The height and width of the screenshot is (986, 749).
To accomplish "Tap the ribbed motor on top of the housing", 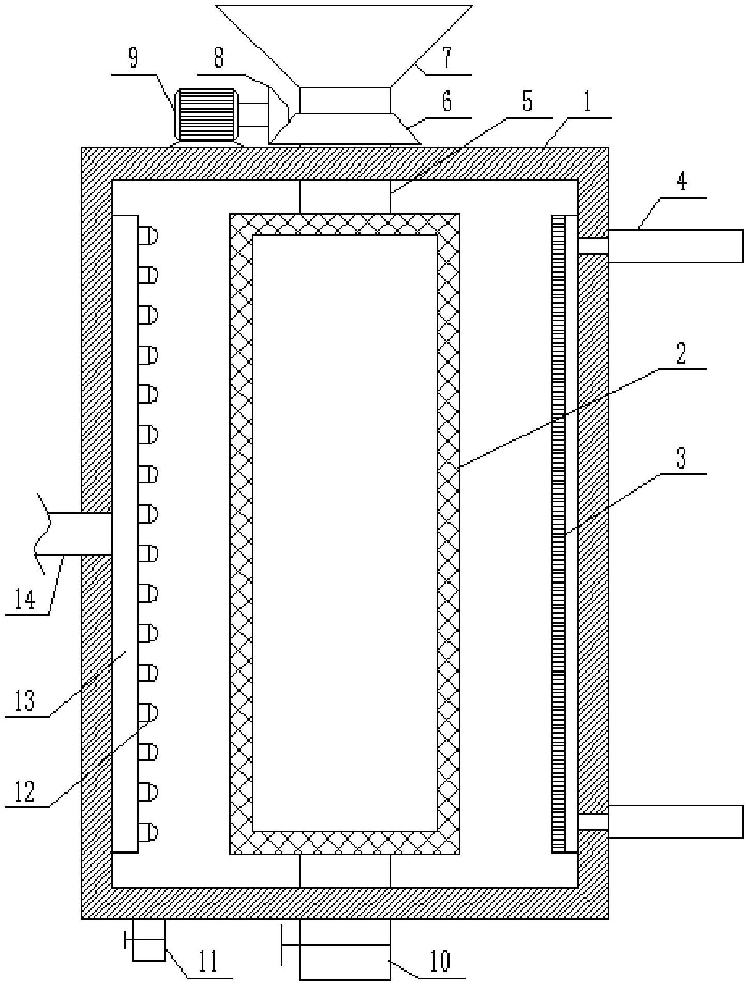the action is pos(206,115).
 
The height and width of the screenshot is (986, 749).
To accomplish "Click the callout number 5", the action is pos(527,101).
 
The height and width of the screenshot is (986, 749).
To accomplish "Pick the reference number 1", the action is pos(587,102).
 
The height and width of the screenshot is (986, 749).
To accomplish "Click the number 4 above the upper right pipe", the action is pos(682,182).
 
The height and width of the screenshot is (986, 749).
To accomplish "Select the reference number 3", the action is pos(681,458).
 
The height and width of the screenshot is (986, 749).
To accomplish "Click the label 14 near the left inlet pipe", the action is pos(24,600).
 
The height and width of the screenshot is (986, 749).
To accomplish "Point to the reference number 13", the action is pos(24,701).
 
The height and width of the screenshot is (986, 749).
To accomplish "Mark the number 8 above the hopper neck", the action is pos(219,58).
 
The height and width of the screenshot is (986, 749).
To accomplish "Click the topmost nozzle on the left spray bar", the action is pos(148,236).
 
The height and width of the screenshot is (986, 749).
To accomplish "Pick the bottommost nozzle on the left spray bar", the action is pos(148,832).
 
